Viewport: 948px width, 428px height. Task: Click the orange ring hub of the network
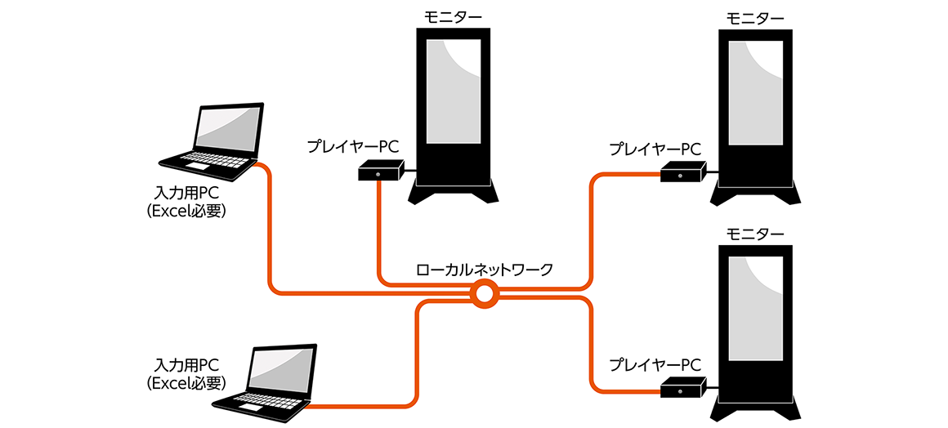pos(484,295)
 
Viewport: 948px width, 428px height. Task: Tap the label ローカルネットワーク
pos(485,269)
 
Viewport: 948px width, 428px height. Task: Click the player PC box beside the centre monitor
pos(381,170)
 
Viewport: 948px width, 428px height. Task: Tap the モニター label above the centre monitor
pos(454,16)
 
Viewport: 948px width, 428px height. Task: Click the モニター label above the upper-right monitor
pos(756,16)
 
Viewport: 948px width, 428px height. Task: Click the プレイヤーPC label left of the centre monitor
pos(353,147)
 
